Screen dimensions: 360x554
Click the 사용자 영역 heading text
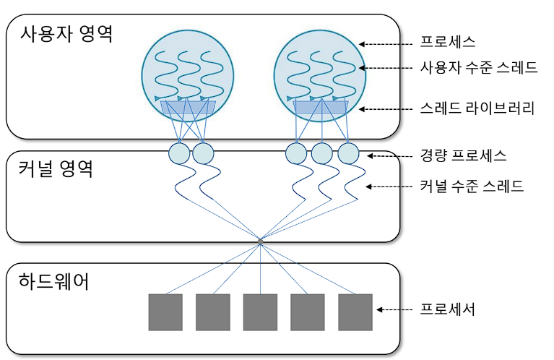click(x=67, y=33)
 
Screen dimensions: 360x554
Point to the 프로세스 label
click(x=448, y=43)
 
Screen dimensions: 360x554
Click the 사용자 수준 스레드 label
click(x=478, y=68)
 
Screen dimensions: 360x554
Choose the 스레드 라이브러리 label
click(x=477, y=109)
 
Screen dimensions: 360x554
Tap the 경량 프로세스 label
click(x=463, y=155)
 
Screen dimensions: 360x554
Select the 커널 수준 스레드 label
click(x=472, y=187)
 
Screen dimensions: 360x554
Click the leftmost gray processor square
click(x=165, y=312)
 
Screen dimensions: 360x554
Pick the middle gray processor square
click(x=260, y=312)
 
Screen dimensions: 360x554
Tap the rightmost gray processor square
click(x=355, y=312)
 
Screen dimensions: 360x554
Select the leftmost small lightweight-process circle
click(x=178, y=153)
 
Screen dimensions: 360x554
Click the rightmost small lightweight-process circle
click(x=348, y=153)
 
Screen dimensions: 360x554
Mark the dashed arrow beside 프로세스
click(x=384, y=43)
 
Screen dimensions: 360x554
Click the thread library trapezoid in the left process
click(x=188, y=108)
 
